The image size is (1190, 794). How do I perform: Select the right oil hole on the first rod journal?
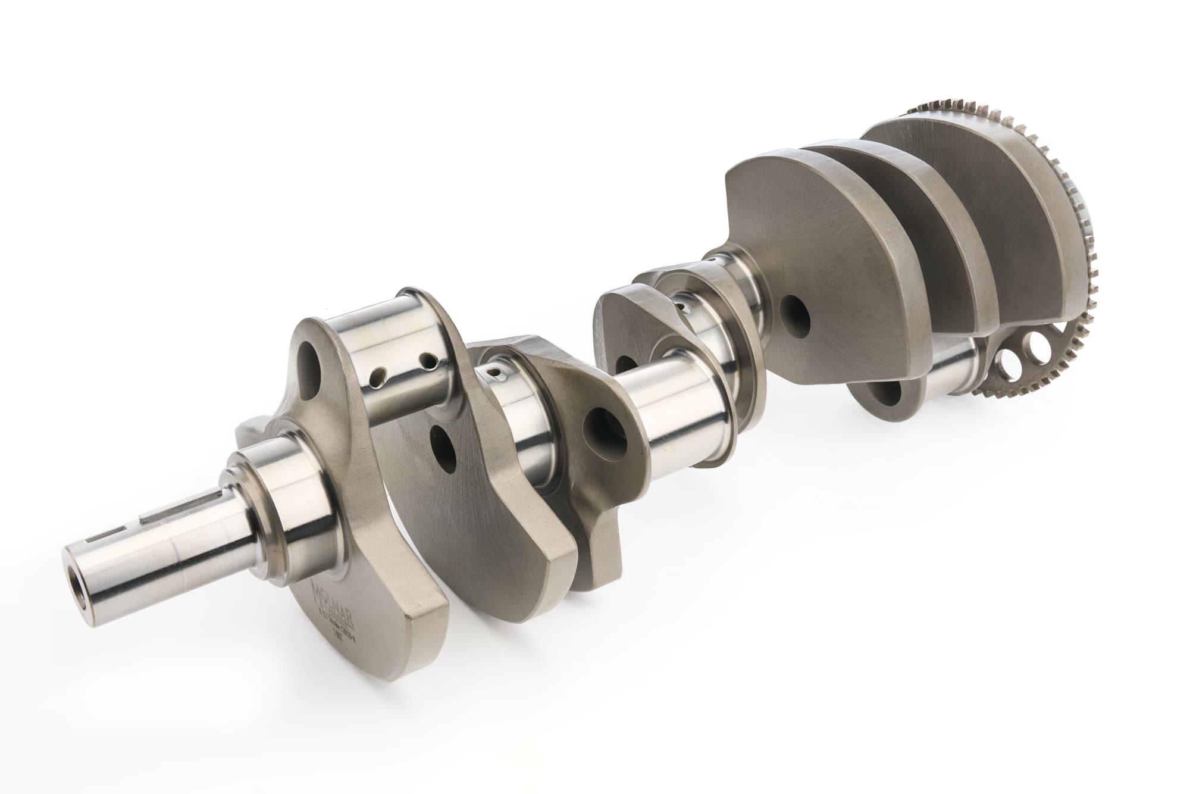click(x=426, y=360)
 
